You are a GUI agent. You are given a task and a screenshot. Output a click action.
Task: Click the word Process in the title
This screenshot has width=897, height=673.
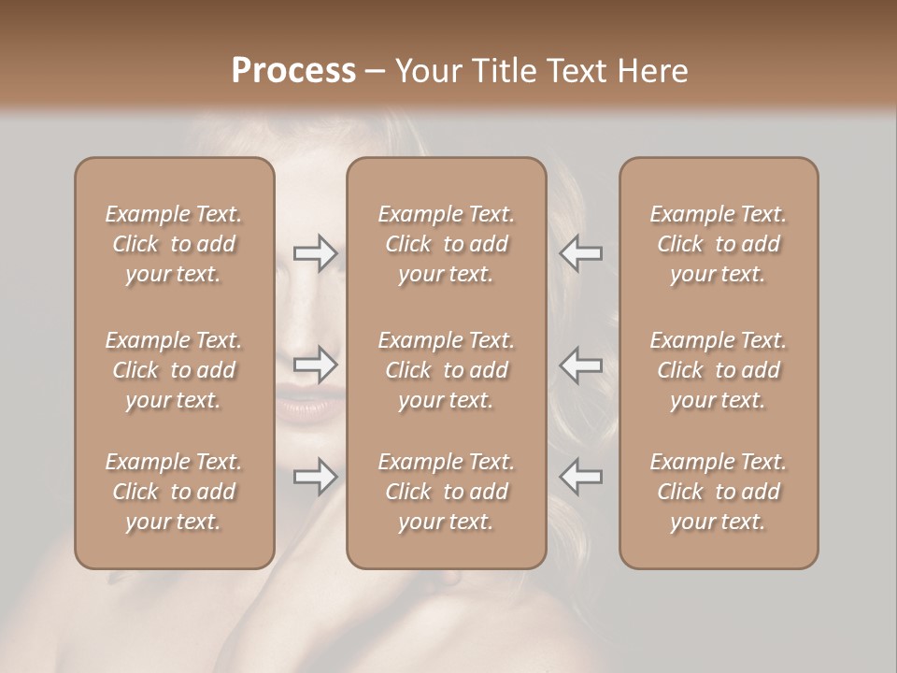pos(293,70)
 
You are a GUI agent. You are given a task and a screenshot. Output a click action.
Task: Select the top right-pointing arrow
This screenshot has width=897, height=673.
pos(316,253)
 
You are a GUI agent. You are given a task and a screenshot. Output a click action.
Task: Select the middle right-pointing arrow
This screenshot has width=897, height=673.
pos(316,365)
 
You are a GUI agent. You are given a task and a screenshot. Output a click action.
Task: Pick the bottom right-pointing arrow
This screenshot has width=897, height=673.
pos(316,477)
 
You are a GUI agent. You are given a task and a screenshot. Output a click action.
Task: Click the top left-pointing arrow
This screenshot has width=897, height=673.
pos(581,253)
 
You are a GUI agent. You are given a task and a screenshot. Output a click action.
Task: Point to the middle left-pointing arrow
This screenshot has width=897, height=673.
pos(581,365)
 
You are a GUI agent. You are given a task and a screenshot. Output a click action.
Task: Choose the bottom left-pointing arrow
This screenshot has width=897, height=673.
pos(581,477)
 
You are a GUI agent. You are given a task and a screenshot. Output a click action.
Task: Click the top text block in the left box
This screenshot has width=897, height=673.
pos(174,244)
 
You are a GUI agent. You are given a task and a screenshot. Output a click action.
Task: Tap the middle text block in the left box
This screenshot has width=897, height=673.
pos(174,370)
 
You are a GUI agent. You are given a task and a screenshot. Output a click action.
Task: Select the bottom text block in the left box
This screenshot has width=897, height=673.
pos(174,492)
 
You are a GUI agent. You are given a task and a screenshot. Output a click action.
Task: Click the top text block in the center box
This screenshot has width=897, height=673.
pos(446,244)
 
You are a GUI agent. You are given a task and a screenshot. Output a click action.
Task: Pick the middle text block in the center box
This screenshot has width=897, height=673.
pos(446,370)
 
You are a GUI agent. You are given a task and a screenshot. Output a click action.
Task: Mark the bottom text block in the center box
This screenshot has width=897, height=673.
pos(446,492)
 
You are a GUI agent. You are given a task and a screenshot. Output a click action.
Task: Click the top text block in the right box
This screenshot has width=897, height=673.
pos(718,244)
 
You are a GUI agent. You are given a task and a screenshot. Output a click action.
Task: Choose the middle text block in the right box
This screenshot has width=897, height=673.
pos(718,370)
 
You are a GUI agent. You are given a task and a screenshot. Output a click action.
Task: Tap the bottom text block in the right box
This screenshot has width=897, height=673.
pos(718,492)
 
